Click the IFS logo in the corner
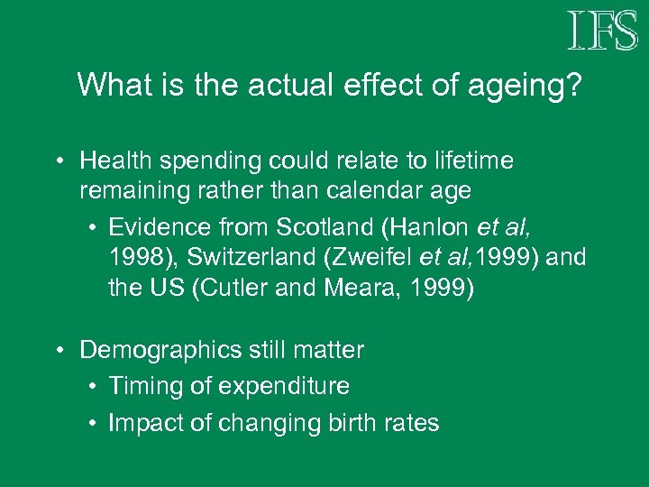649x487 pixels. click(602, 32)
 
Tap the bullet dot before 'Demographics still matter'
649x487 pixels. click(58, 350)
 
